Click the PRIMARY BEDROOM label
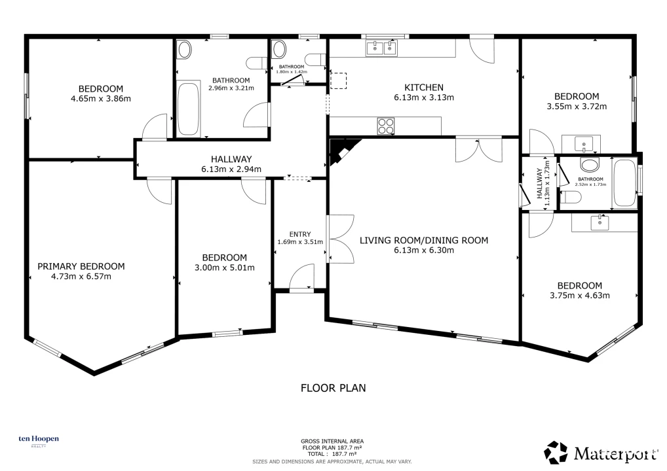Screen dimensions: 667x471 pyautogui.click(x=81, y=266)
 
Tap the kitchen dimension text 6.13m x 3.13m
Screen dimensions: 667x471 pyautogui.click(x=424, y=97)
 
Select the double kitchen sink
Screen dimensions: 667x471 pyautogui.click(x=381, y=48)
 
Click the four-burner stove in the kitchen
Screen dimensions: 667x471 pyautogui.click(x=386, y=126)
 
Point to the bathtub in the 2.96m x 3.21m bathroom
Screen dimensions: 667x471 pyautogui.click(x=188, y=109)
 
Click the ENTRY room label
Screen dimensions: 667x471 pyautogui.click(x=300, y=234)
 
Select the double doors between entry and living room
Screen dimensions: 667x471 pyautogui.click(x=340, y=239)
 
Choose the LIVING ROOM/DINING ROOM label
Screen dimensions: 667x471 pyautogui.click(x=424, y=240)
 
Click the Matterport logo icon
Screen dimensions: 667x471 pyautogui.click(x=556, y=452)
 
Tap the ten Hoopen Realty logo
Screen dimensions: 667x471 pyautogui.click(x=39, y=440)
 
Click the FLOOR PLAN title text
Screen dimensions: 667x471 pyautogui.click(x=333, y=388)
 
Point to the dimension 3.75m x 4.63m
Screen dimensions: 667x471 pyautogui.click(x=579, y=296)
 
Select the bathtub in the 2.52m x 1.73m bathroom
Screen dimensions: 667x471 pyautogui.click(x=624, y=183)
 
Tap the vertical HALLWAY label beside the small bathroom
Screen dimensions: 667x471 pyautogui.click(x=539, y=183)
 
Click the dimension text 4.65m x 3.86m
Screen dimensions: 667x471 pyautogui.click(x=101, y=99)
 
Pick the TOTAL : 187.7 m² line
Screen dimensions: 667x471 pyautogui.click(x=332, y=454)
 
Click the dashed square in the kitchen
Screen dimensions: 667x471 pyautogui.click(x=339, y=80)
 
